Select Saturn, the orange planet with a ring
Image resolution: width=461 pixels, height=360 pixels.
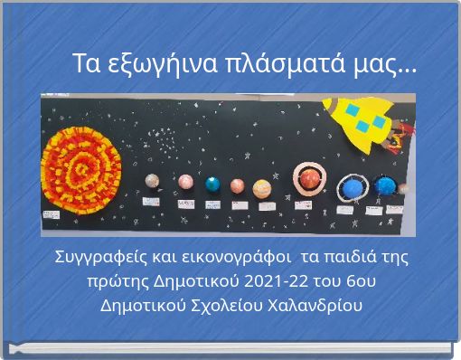309,178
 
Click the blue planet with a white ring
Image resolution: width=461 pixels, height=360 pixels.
350,188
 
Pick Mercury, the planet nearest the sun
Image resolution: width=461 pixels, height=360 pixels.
155,181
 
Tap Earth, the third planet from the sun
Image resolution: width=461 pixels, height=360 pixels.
212,184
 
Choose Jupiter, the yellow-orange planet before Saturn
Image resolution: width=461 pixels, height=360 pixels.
262,188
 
